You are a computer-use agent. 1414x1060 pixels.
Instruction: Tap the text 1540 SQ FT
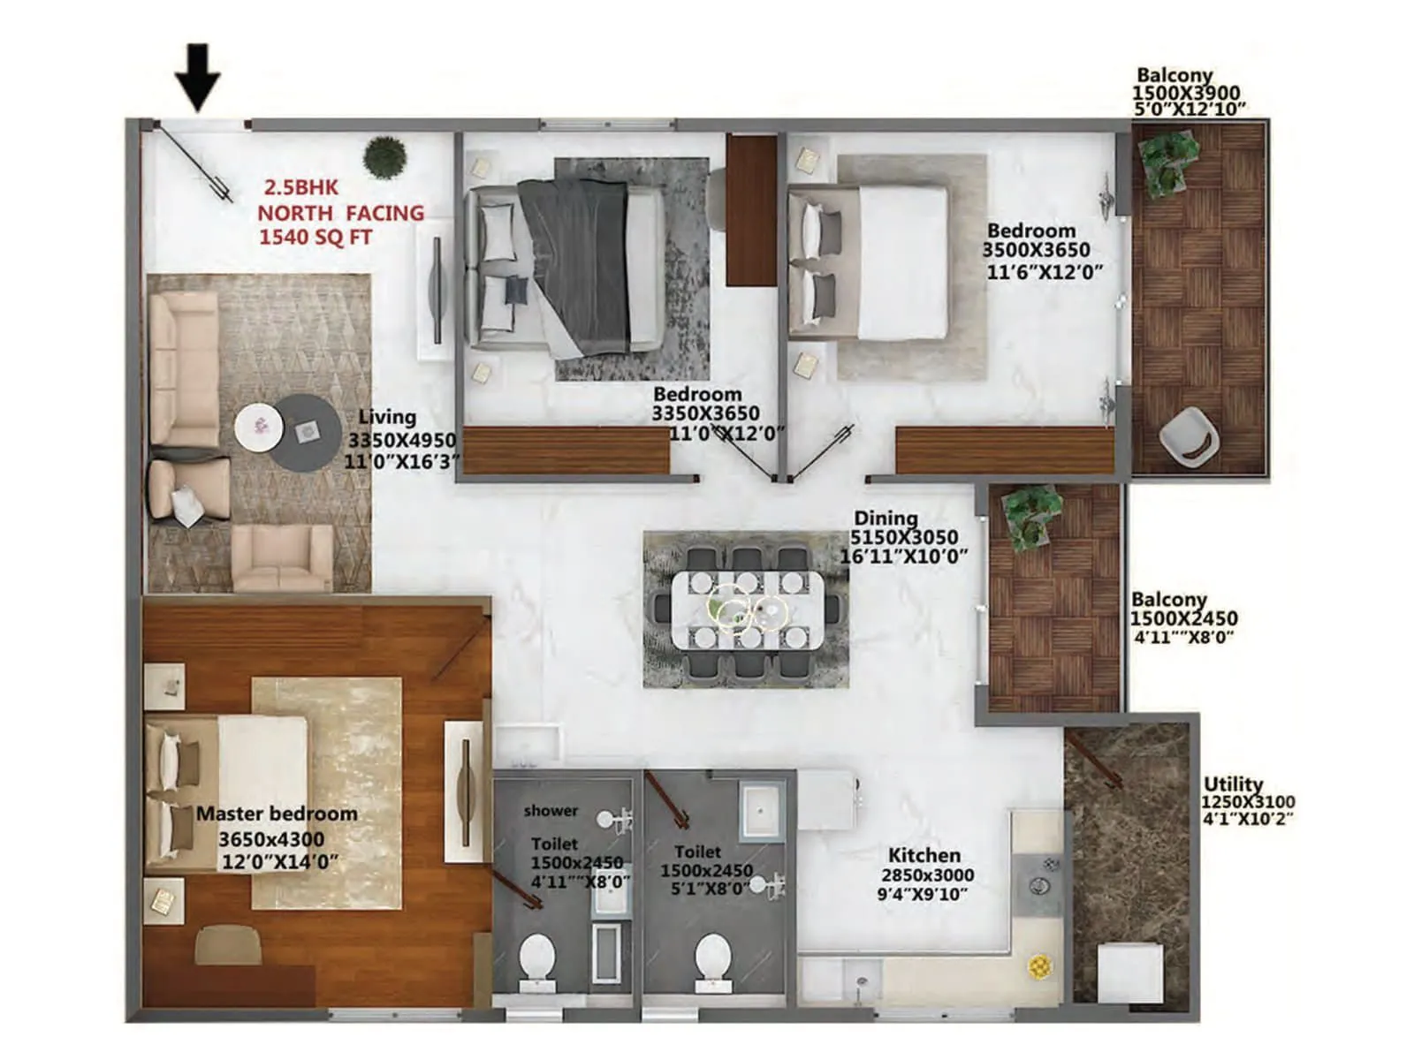(x=315, y=238)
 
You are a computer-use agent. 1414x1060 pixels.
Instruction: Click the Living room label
(x=387, y=417)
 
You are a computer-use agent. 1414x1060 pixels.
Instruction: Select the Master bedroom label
(x=277, y=814)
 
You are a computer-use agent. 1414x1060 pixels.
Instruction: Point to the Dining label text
(x=886, y=519)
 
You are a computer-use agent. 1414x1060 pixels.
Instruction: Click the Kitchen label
(x=924, y=855)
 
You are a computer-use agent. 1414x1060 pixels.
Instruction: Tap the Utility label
(x=1233, y=784)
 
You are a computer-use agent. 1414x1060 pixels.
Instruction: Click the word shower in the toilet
(x=551, y=810)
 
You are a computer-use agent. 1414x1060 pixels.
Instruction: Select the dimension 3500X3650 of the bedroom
(x=1037, y=250)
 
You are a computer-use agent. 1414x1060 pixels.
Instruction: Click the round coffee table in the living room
(x=305, y=433)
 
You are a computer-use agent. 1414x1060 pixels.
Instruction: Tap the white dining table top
(x=748, y=609)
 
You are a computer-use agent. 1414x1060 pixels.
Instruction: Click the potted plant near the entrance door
(x=384, y=157)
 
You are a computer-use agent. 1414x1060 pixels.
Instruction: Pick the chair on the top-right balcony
(x=1189, y=435)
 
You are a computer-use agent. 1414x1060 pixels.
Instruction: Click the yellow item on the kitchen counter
(x=1039, y=965)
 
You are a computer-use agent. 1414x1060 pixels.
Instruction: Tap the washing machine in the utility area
(x=1129, y=972)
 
